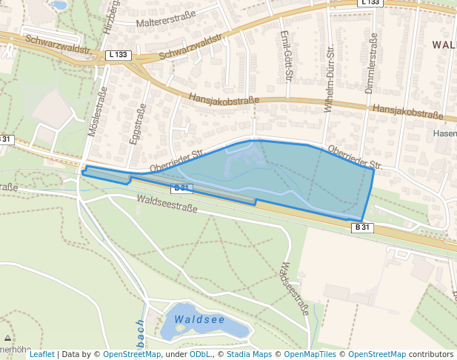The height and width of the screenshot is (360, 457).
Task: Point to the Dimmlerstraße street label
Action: (370, 64)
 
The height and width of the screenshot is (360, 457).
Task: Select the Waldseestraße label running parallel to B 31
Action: (167, 204)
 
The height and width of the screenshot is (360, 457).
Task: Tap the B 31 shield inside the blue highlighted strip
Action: (181, 188)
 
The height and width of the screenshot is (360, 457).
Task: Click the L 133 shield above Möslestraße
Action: (118, 55)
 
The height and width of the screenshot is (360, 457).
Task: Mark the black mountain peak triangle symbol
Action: (7, 338)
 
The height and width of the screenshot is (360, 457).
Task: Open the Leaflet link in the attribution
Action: (41, 354)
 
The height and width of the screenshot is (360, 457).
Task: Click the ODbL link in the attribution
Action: (199, 354)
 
